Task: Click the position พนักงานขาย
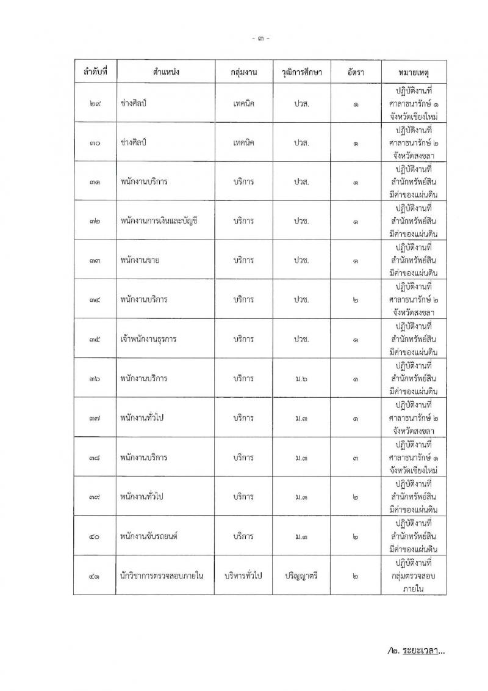(x=140, y=260)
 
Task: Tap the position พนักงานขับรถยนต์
(x=149, y=536)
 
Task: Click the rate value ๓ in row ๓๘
(x=355, y=458)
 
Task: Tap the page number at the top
(x=260, y=38)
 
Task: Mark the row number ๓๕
(x=95, y=339)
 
